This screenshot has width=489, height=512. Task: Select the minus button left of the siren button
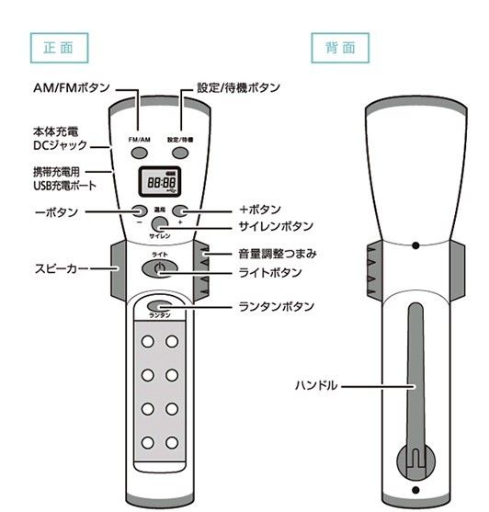[139, 210]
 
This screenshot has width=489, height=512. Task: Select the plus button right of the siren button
[180, 210]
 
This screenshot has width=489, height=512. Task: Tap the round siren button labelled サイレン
[160, 223]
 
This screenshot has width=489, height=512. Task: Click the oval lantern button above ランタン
[160, 306]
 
